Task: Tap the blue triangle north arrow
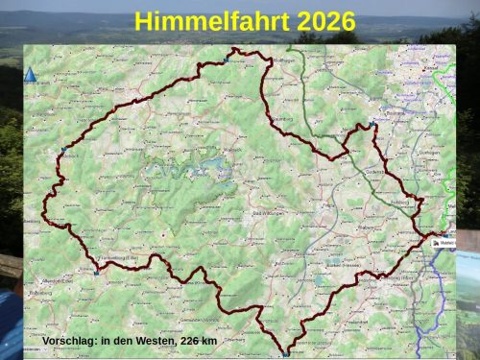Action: tap(30, 75)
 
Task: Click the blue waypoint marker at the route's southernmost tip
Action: tap(285, 353)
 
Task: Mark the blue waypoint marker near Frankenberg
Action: tap(96, 273)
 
